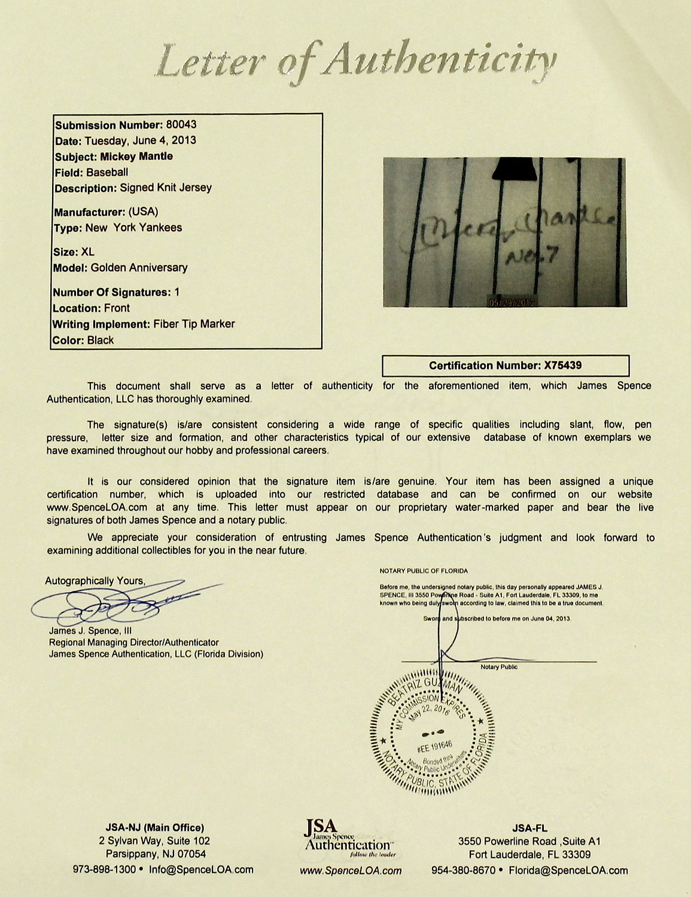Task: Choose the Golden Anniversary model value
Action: click(x=139, y=268)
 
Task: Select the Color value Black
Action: click(x=101, y=340)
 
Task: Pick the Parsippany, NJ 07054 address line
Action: click(x=156, y=854)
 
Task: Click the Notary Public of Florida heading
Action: click(x=424, y=571)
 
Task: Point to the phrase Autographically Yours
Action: click(x=95, y=581)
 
